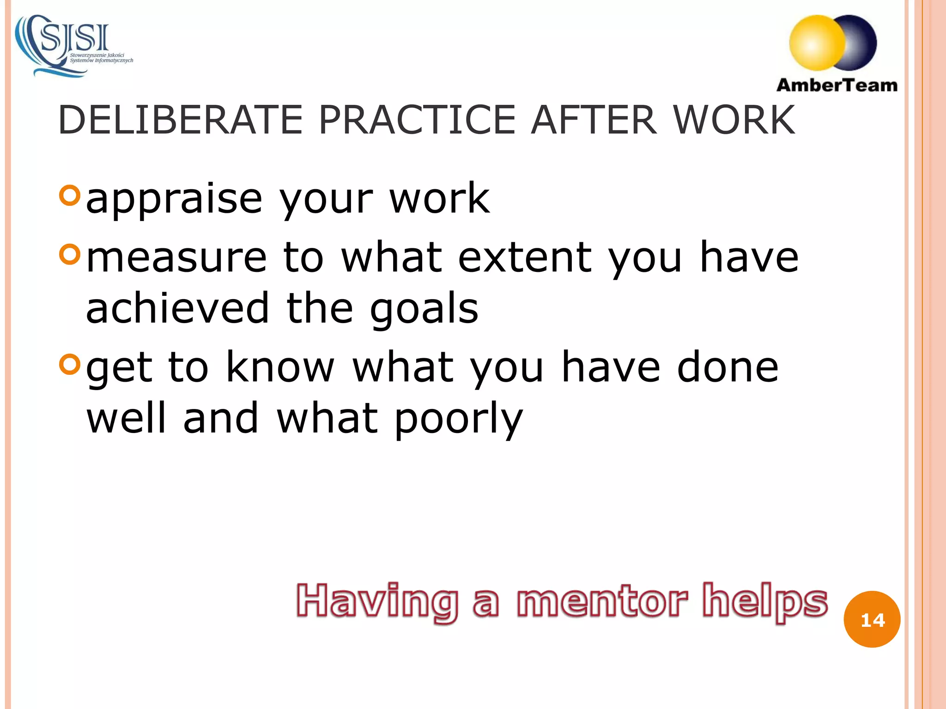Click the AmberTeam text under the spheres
click(837, 85)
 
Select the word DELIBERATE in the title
click(180, 120)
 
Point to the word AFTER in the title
click(594, 120)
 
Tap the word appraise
click(174, 199)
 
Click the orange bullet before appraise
click(70, 195)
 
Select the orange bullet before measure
click(70, 254)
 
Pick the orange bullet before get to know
click(70, 364)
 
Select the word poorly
click(458, 419)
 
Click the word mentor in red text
click(602, 601)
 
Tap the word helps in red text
click(765, 601)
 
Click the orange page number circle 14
click(872, 619)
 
